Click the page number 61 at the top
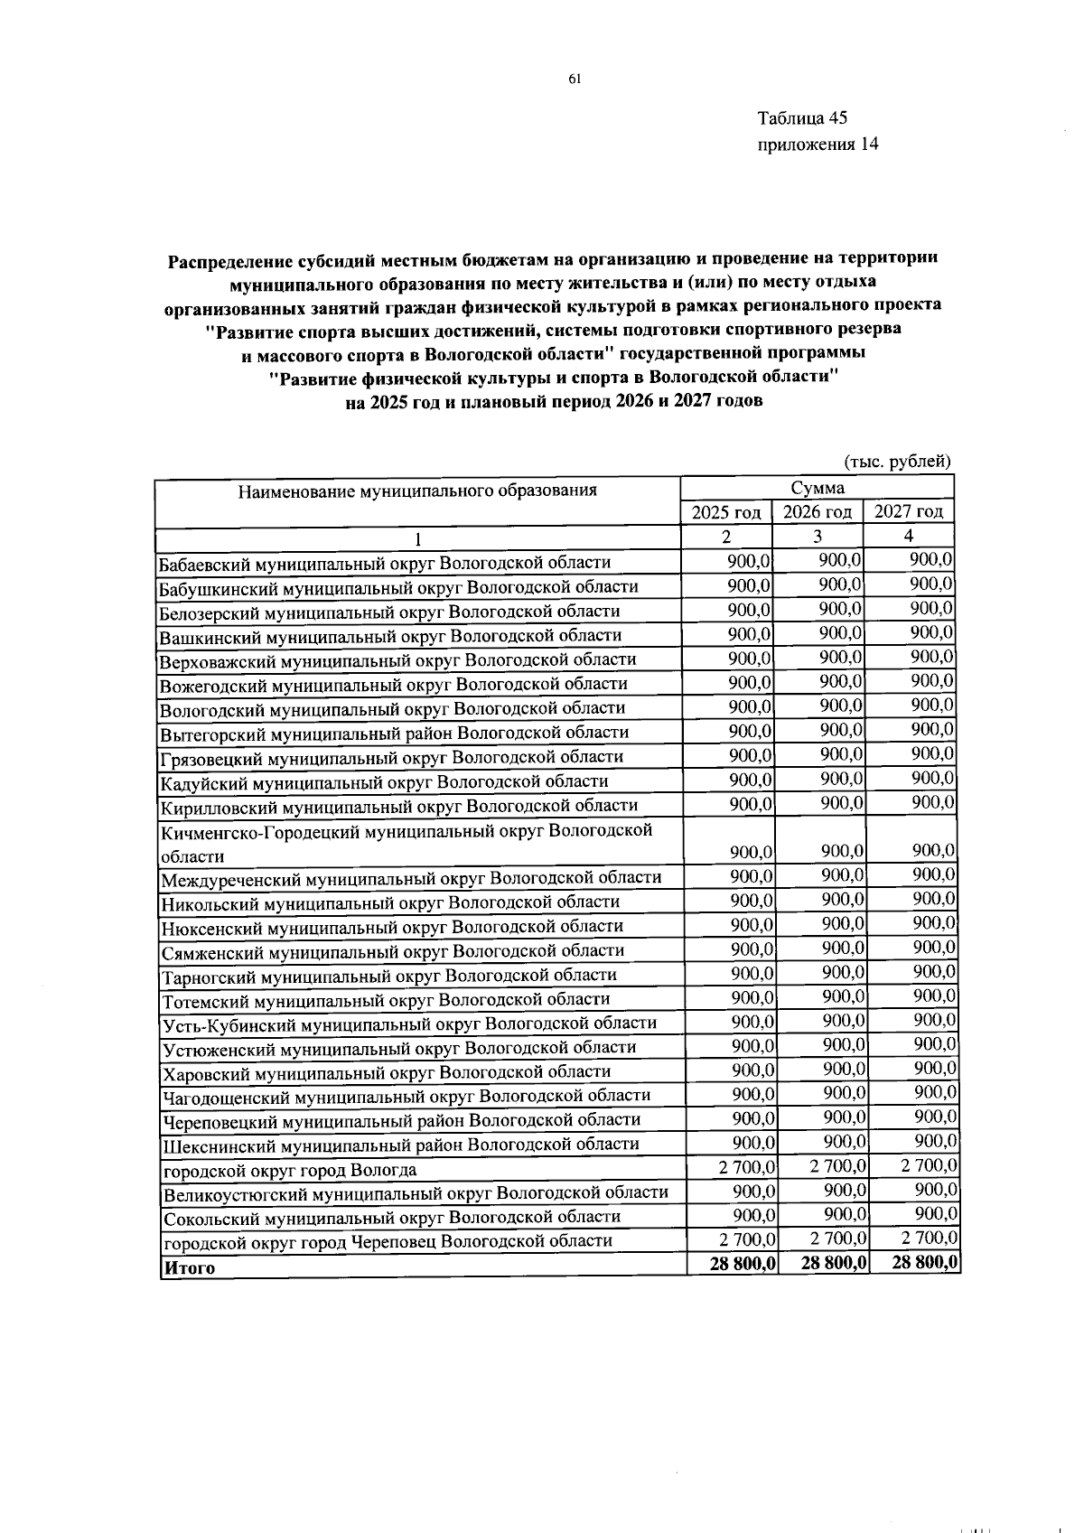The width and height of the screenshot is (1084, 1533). point(575,79)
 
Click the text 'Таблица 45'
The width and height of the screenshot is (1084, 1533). point(802,118)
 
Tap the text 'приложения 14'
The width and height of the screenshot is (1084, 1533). point(818,145)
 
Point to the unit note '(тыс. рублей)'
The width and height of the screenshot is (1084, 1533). point(897,462)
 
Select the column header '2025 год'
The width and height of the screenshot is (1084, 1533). point(725,512)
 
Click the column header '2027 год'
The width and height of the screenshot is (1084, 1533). point(909,511)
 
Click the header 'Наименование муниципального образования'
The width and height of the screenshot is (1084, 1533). point(417,491)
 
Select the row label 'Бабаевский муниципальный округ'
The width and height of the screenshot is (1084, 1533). point(385,563)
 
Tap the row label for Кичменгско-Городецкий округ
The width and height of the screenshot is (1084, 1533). point(406,842)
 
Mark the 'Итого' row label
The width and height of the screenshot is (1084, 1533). point(188,1267)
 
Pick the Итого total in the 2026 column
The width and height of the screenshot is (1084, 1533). point(834,1263)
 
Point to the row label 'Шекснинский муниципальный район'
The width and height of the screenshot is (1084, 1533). point(401,1145)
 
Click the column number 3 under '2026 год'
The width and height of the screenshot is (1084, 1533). point(817,537)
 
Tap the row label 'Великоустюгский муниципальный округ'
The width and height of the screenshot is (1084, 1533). point(415,1193)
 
